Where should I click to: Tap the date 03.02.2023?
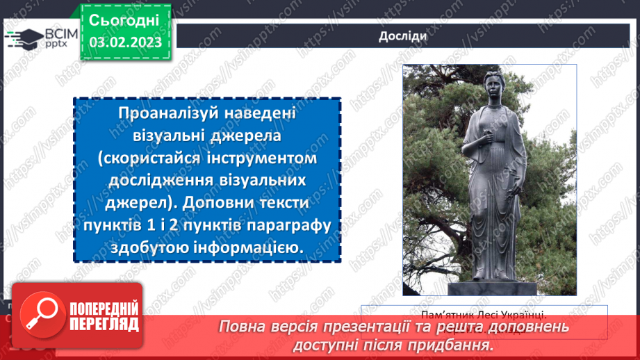[x=125, y=42]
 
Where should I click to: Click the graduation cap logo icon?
[x=23, y=38]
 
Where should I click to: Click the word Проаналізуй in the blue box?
[x=161, y=114]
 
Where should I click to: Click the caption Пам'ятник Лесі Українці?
[x=484, y=313]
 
